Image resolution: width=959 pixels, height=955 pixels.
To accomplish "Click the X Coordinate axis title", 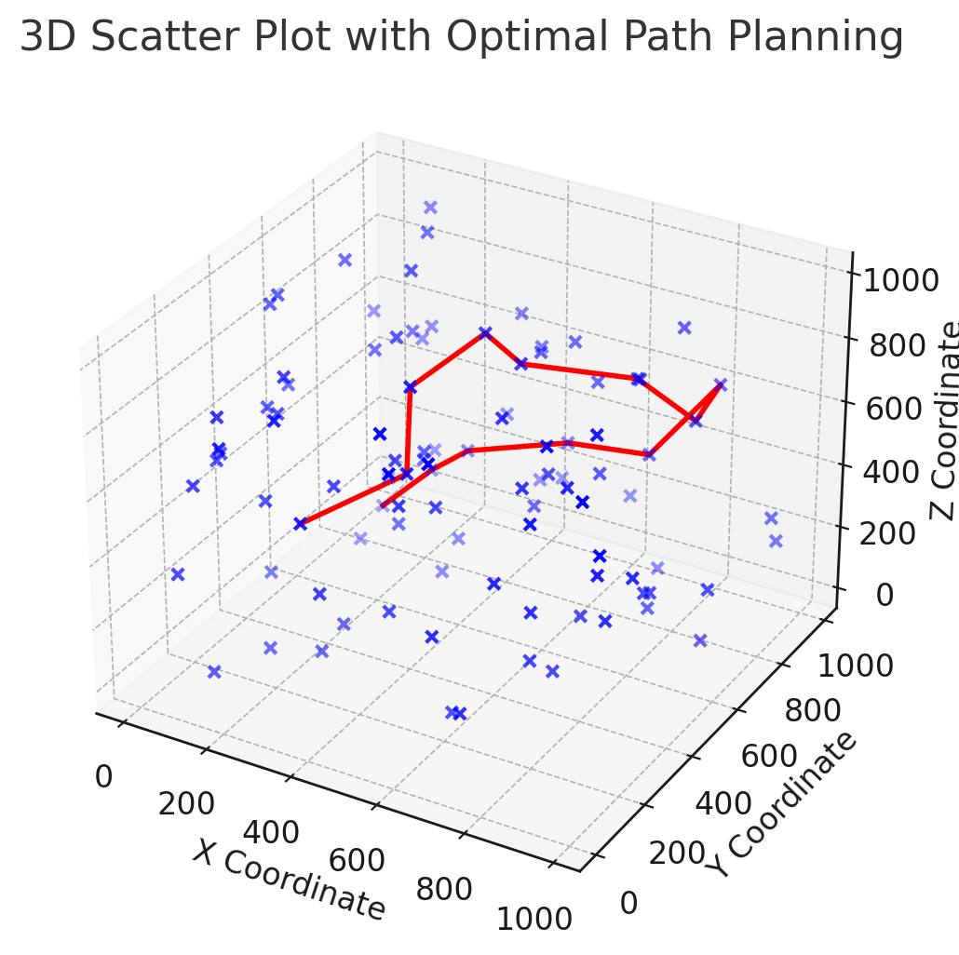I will point(289,880).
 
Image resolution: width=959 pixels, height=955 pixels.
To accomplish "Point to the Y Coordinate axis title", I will point(782,805).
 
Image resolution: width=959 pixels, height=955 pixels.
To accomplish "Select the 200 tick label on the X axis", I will point(186,804).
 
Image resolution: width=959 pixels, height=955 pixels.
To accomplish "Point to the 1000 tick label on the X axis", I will point(534,919).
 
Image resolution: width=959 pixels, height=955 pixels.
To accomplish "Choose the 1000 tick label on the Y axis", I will point(855,666).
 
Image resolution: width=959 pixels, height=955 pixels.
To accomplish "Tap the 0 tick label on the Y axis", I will point(630,902).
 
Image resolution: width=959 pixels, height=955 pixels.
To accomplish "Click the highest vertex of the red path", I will point(484,332).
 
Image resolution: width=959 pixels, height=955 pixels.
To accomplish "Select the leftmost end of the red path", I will point(301,524).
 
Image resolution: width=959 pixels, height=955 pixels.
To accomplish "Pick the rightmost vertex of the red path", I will point(721,384).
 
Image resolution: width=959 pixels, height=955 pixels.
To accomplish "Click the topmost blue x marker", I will point(430,208).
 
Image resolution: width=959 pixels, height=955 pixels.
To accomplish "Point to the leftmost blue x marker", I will point(178,574).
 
